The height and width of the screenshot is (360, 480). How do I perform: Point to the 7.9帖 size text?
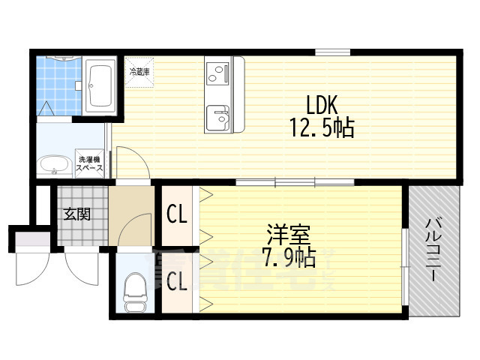coord(289,258)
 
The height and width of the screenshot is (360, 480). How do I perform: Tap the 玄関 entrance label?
coord(76,214)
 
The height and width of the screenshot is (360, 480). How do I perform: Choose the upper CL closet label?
coord(177,214)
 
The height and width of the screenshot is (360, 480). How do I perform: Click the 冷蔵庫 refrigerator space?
coord(140,73)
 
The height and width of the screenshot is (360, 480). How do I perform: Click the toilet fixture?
coord(136,292)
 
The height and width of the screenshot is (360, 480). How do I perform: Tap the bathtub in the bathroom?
coord(100,84)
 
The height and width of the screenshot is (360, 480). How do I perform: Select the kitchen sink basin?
coord(219,116)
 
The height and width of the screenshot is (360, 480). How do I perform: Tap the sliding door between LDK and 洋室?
coord(295,181)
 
